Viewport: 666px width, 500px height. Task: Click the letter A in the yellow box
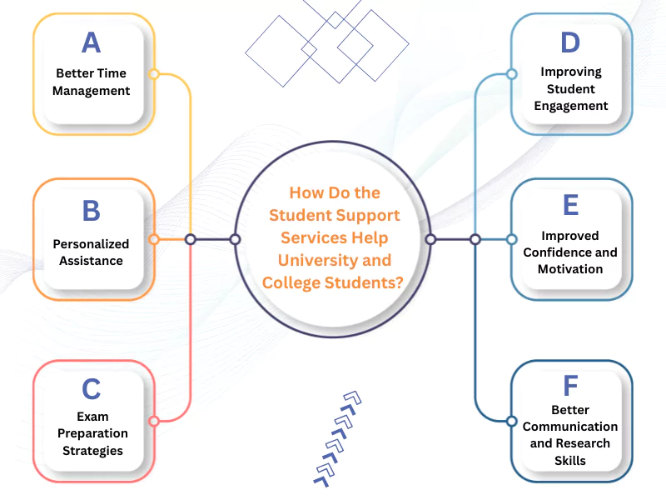tap(91, 42)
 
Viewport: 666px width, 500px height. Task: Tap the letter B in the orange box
tap(91, 210)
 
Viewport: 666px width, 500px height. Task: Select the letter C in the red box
tap(91, 389)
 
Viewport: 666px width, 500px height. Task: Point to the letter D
tap(570, 42)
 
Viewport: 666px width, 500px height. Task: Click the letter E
tap(570, 206)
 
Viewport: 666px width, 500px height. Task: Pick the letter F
tap(570, 386)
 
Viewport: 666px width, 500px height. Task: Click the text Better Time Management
tap(92, 82)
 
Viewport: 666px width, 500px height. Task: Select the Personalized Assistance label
tap(92, 252)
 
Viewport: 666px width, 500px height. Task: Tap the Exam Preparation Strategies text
tap(92, 433)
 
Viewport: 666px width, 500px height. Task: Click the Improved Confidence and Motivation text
tap(570, 252)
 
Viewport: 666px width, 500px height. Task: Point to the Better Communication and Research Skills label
tap(570, 435)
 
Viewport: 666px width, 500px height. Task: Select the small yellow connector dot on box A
tap(153, 74)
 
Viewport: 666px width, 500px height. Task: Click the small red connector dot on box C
tap(153, 421)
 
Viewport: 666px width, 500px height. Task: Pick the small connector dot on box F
tap(511, 421)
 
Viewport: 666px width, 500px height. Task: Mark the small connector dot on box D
tap(511, 74)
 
